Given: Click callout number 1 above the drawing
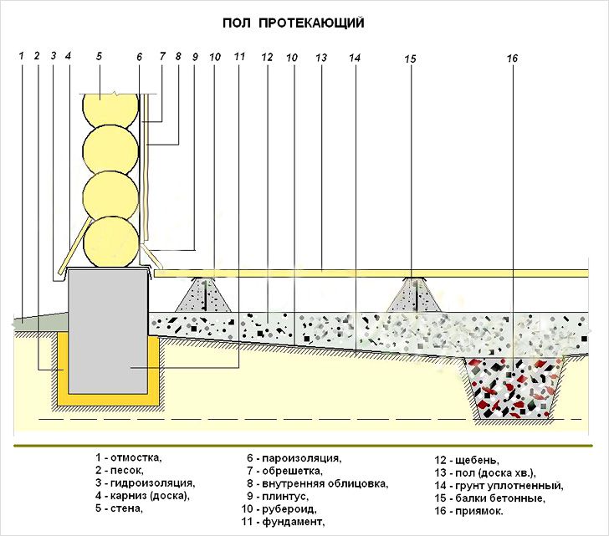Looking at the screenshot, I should tap(22, 56).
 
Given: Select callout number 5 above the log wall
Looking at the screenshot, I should tap(99, 56).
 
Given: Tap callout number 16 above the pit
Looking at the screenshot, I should tap(512, 59).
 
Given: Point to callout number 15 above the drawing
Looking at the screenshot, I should tap(409, 59).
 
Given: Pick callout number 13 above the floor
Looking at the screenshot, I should tap(320, 58).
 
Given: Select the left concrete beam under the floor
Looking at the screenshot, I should tap(206, 298).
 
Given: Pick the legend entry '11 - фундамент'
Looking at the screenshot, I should tap(284, 522).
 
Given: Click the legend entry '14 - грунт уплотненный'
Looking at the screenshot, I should tap(499, 485).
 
